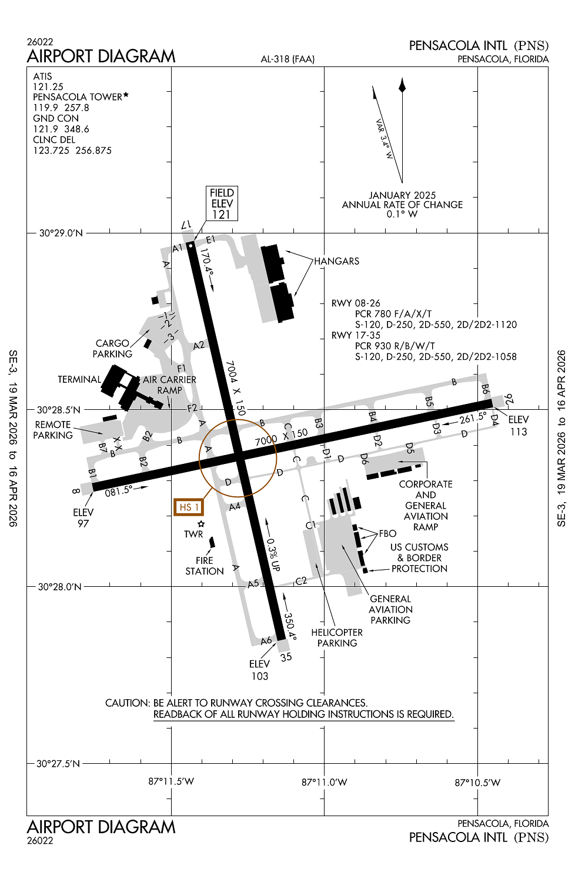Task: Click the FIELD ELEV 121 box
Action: (x=222, y=203)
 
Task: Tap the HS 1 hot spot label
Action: (x=189, y=507)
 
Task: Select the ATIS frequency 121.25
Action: (x=48, y=86)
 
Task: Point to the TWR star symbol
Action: (x=201, y=523)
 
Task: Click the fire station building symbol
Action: (x=212, y=542)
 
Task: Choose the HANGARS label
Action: (x=336, y=261)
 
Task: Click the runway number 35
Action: (x=286, y=657)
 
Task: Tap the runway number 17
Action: (x=186, y=225)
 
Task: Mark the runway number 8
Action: (x=76, y=490)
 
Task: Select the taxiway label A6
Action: (x=266, y=640)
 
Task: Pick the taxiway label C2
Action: (x=301, y=581)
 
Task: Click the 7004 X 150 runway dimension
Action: (x=235, y=388)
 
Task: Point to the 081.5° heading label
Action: (x=119, y=490)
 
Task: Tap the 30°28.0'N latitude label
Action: (x=60, y=587)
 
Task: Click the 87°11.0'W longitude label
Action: (x=324, y=782)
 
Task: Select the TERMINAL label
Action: (x=79, y=379)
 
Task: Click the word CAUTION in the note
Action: (x=127, y=703)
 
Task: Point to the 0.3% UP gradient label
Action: (x=273, y=554)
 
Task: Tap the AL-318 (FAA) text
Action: (x=287, y=59)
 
